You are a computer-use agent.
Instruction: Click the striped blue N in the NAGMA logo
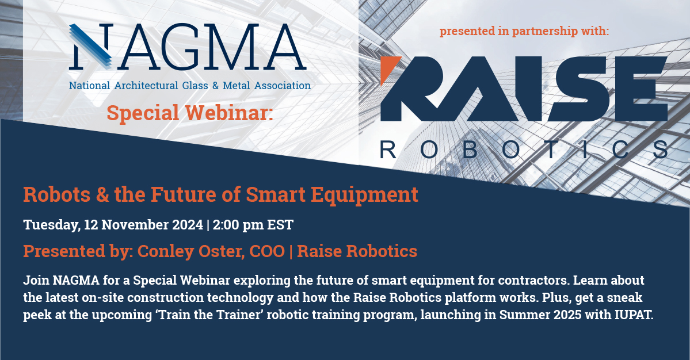coord(91,46)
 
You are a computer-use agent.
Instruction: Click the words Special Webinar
coord(190,113)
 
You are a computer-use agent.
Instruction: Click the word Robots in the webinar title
coord(57,194)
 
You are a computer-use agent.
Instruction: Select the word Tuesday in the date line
coord(51,225)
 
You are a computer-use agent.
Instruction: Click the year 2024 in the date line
coord(188,225)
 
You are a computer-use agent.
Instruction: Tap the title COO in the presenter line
coord(266,251)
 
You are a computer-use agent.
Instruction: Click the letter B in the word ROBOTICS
coord(470,150)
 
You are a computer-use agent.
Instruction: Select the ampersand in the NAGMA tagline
coord(215,85)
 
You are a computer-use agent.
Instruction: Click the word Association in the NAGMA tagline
coord(283,85)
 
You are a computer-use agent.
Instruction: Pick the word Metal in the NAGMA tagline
coord(237,85)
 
